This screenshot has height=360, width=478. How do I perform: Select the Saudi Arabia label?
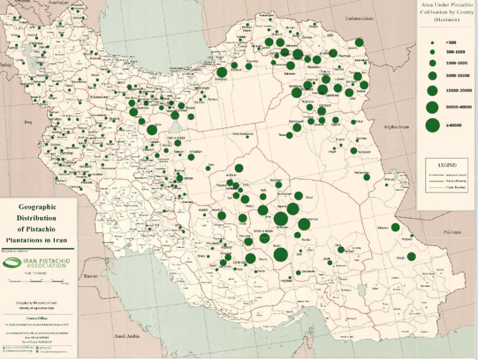coord(130,336)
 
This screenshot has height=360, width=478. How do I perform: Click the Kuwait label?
coord(90,275)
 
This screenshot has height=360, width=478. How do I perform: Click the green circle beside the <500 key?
coord(432,43)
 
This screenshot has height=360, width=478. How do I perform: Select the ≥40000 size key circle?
coord(432,125)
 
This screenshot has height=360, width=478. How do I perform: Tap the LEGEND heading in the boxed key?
coord(448,165)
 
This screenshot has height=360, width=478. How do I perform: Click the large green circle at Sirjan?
coord(280,254)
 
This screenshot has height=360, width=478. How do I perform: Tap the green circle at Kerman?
coord(303,224)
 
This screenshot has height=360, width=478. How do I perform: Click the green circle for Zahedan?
coord(395,227)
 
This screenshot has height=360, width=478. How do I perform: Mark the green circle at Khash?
coord(411,256)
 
